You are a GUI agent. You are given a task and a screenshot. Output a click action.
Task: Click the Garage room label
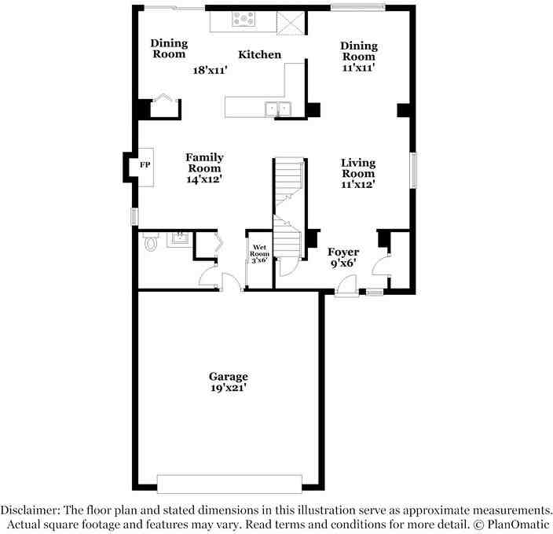pyautogui.click(x=228, y=377)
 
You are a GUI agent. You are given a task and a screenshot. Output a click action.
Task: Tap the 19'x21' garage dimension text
pyautogui.click(x=228, y=388)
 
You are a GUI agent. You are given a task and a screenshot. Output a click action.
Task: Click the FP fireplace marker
pyautogui.click(x=145, y=166)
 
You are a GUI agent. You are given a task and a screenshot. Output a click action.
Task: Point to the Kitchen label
pyautogui.click(x=260, y=55)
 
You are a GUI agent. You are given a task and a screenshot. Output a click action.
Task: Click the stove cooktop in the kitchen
pyautogui.click(x=244, y=19)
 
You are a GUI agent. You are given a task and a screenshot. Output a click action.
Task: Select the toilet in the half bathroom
pyautogui.click(x=151, y=243)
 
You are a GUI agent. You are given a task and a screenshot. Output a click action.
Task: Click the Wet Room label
pyautogui.click(x=259, y=251)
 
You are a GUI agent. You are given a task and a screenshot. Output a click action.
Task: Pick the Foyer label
pyautogui.click(x=343, y=252)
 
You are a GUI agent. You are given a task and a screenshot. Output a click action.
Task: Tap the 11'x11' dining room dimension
pyautogui.click(x=358, y=68)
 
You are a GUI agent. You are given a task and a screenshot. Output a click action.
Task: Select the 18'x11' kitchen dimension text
pyautogui.click(x=210, y=70)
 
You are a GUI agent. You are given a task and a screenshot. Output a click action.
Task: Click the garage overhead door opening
pyautogui.click(x=229, y=483)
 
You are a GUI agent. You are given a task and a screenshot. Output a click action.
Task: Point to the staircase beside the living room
pyautogui.click(x=289, y=197)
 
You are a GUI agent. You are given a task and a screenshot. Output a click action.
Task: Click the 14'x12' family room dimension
pyautogui.click(x=204, y=179)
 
